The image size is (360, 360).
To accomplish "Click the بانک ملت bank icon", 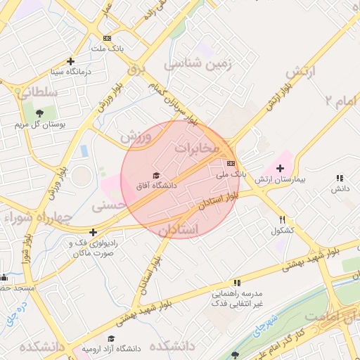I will (x=107, y=38).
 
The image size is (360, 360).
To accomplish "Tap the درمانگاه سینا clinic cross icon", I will (x=70, y=61).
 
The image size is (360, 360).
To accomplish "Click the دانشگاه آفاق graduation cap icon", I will (x=156, y=175).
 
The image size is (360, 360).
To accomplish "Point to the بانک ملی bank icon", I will (x=231, y=162).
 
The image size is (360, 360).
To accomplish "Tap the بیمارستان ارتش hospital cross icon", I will (x=281, y=168).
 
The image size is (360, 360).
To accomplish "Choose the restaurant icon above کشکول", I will (x=282, y=219).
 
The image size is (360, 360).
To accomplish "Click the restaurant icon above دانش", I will (x=340, y=179).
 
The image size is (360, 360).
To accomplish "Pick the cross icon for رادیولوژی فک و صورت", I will (x=93, y=232).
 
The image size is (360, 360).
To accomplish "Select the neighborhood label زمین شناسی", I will (x=198, y=64).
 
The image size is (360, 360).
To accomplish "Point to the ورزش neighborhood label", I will (x=136, y=136).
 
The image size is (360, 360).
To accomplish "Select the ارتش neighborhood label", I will (x=302, y=72).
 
